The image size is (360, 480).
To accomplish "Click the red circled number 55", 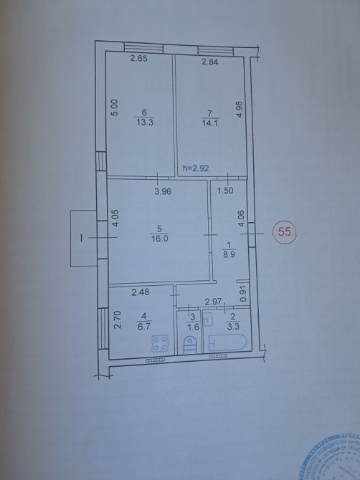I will [x=285, y=231].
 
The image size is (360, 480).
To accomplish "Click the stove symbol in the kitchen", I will [x=160, y=343].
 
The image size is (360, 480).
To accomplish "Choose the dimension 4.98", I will [x=240, y=112].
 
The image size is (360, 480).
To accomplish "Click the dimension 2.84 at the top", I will [x=209, y=62].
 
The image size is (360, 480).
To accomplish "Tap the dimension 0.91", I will [x=243, y=292].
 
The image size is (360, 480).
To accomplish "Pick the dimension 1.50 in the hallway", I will [x=224, y=191].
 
